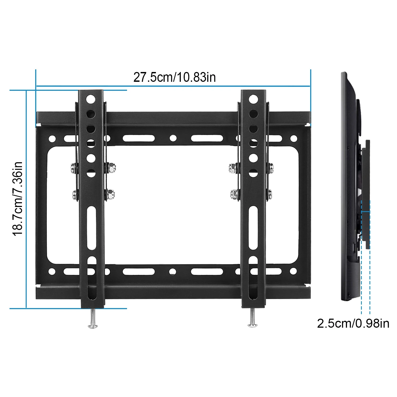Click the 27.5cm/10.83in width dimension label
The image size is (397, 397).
(174, 77)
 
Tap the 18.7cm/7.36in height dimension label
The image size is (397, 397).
(18, 198)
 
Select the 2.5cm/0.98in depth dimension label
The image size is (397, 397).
(353, 323)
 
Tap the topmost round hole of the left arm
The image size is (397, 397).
(91, 99)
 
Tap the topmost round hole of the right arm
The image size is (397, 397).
(253, 99)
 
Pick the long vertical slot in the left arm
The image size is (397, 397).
(92, 228)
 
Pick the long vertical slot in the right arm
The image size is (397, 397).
(253, 228)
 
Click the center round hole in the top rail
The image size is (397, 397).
(173, 138)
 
